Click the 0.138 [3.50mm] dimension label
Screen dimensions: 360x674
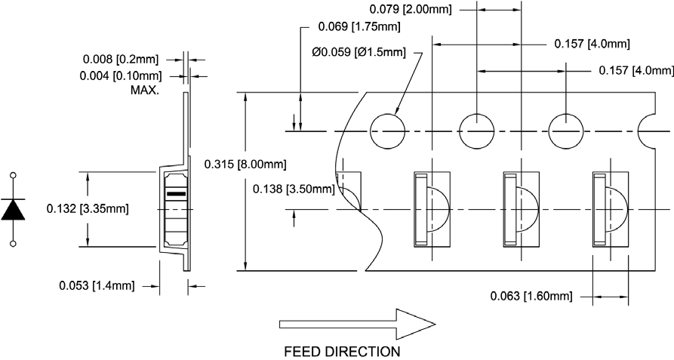292,189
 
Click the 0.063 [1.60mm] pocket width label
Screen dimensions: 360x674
531,295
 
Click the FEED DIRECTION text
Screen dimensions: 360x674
341,352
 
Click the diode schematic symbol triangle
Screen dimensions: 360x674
14,209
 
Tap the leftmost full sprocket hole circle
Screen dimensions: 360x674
387,131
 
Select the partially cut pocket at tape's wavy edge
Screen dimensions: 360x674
350,198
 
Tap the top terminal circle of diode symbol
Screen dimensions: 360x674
14,175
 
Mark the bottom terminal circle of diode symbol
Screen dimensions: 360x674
14,243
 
